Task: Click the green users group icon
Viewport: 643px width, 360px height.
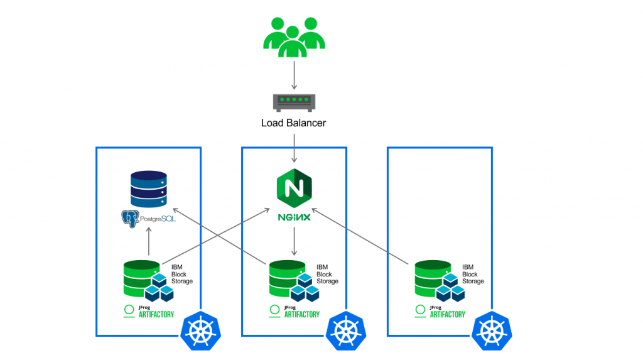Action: [x=293, y=38]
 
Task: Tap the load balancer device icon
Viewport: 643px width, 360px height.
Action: [x=293, y=101]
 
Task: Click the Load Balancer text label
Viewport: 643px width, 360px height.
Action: [x=293, y=123]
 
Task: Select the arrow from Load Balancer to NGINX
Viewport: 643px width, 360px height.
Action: [x=294, y=148]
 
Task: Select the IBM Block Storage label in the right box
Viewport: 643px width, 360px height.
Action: [x=473, y=275]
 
